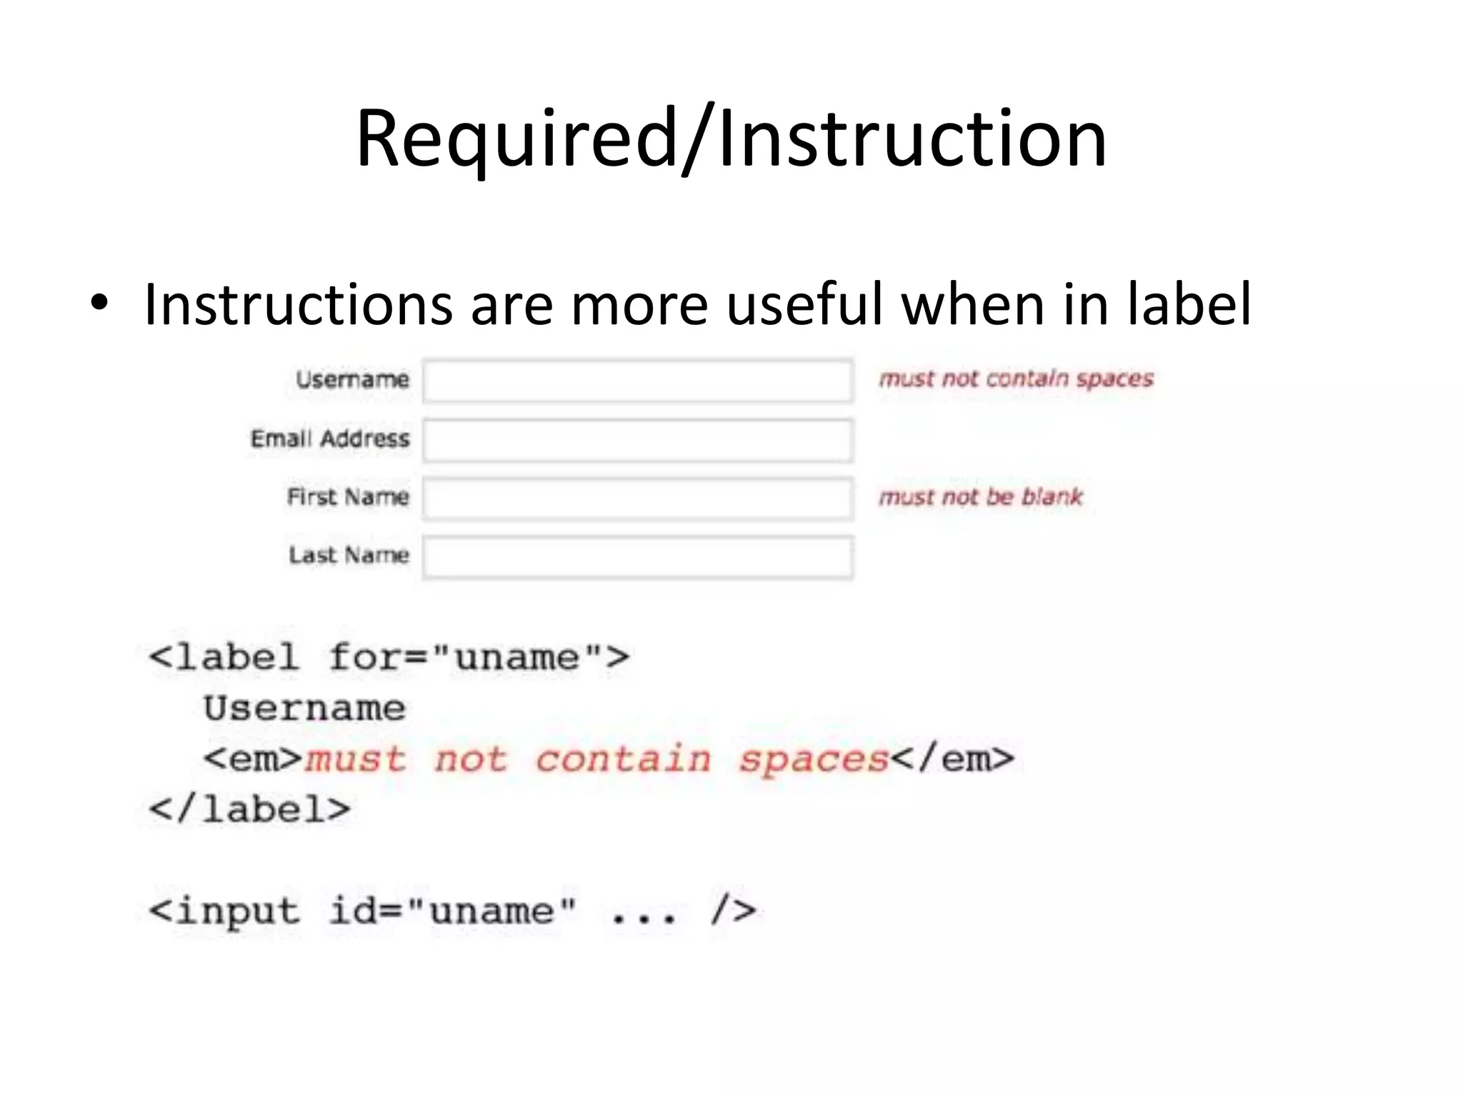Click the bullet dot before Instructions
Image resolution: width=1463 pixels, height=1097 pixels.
[x=99, y=304]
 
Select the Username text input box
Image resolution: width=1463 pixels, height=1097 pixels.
[x=637, y=381]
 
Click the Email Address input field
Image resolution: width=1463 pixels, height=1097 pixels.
[x=637, y=440]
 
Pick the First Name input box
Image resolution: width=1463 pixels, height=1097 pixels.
[x=637, y=498]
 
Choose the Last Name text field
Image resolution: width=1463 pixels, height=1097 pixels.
[x=637, y=556]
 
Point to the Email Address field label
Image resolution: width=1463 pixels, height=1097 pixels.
[x=330, y=439]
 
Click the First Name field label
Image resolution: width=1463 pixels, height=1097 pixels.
[x=348, y=496]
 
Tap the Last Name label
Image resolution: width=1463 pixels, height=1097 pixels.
[x=349, y=555]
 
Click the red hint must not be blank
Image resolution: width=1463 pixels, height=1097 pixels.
[x=981, y=496]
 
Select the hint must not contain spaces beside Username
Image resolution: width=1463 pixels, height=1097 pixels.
[x=1016, y=379]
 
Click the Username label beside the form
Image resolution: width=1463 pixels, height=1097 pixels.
[x=353, y=379]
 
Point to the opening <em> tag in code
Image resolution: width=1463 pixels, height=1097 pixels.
[x=254, y=758]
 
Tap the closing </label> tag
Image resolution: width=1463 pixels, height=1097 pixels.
[x=249, y=809]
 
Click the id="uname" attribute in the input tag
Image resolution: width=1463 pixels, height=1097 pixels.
[x=452, y=911]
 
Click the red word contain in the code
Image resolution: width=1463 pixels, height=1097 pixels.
[x=624, y=758]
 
